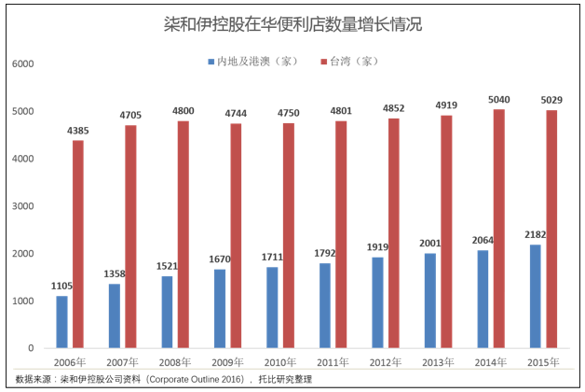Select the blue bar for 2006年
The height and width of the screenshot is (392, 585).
coord(62,322)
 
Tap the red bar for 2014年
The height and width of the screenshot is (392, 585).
coord(499,229)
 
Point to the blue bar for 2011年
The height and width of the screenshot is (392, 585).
coord(323,305)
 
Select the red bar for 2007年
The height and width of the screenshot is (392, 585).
coord(131,236)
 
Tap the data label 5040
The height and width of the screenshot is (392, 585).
coord(499,99)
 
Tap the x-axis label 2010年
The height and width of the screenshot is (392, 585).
coord(280,362)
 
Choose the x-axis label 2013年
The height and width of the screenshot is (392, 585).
coord(437,362)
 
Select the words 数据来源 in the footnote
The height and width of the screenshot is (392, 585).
coord(34,379)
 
